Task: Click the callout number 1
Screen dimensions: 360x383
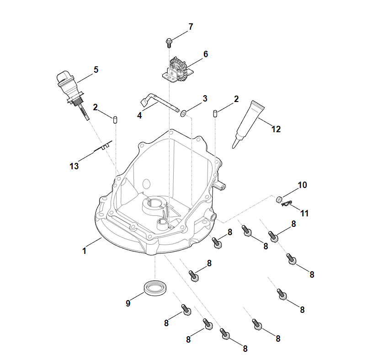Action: pos(84,251)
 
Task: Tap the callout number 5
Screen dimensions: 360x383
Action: pos(96,70)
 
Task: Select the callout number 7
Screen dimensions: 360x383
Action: pos(191,27)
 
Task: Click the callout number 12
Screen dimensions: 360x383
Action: pos(276,129)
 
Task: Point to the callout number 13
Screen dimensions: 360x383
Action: pos(74,166)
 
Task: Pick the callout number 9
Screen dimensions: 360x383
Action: pos(128,303)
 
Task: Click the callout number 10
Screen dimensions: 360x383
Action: pos(302,185)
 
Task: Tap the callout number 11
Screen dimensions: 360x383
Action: pos(305,213)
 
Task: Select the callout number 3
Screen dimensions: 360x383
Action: pos(205,98)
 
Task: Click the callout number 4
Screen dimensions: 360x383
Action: pos(139,116)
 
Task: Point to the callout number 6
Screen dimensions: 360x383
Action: pos(206,54)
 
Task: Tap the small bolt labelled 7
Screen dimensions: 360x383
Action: pos(169,43)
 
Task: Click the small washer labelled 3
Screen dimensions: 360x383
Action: pos(183,113)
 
